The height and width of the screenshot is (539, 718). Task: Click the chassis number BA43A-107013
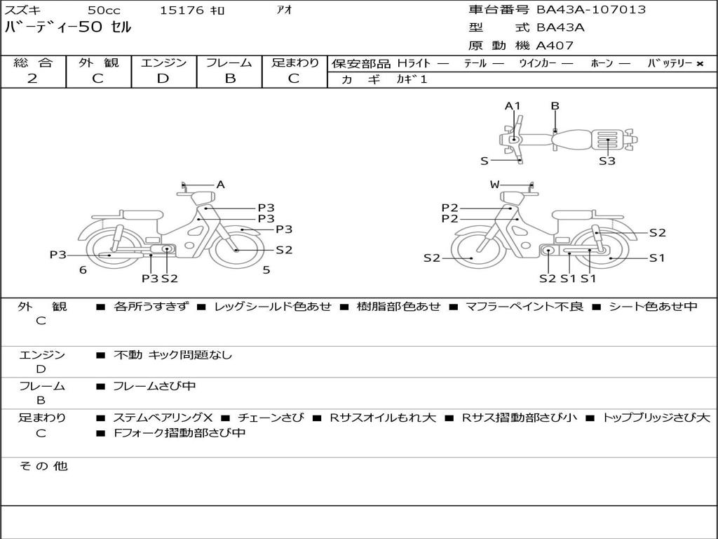591,10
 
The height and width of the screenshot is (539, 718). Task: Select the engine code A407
555,46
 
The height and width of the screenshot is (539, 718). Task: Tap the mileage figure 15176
182,11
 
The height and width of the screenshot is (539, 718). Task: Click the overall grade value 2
32,79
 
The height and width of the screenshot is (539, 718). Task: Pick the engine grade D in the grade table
163,79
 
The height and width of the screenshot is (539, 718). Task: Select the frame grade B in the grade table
230,79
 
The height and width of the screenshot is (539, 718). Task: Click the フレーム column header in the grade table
229,62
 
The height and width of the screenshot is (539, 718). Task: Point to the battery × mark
700,64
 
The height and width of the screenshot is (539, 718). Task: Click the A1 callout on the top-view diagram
513,106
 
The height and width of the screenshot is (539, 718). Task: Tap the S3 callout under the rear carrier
607,161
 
